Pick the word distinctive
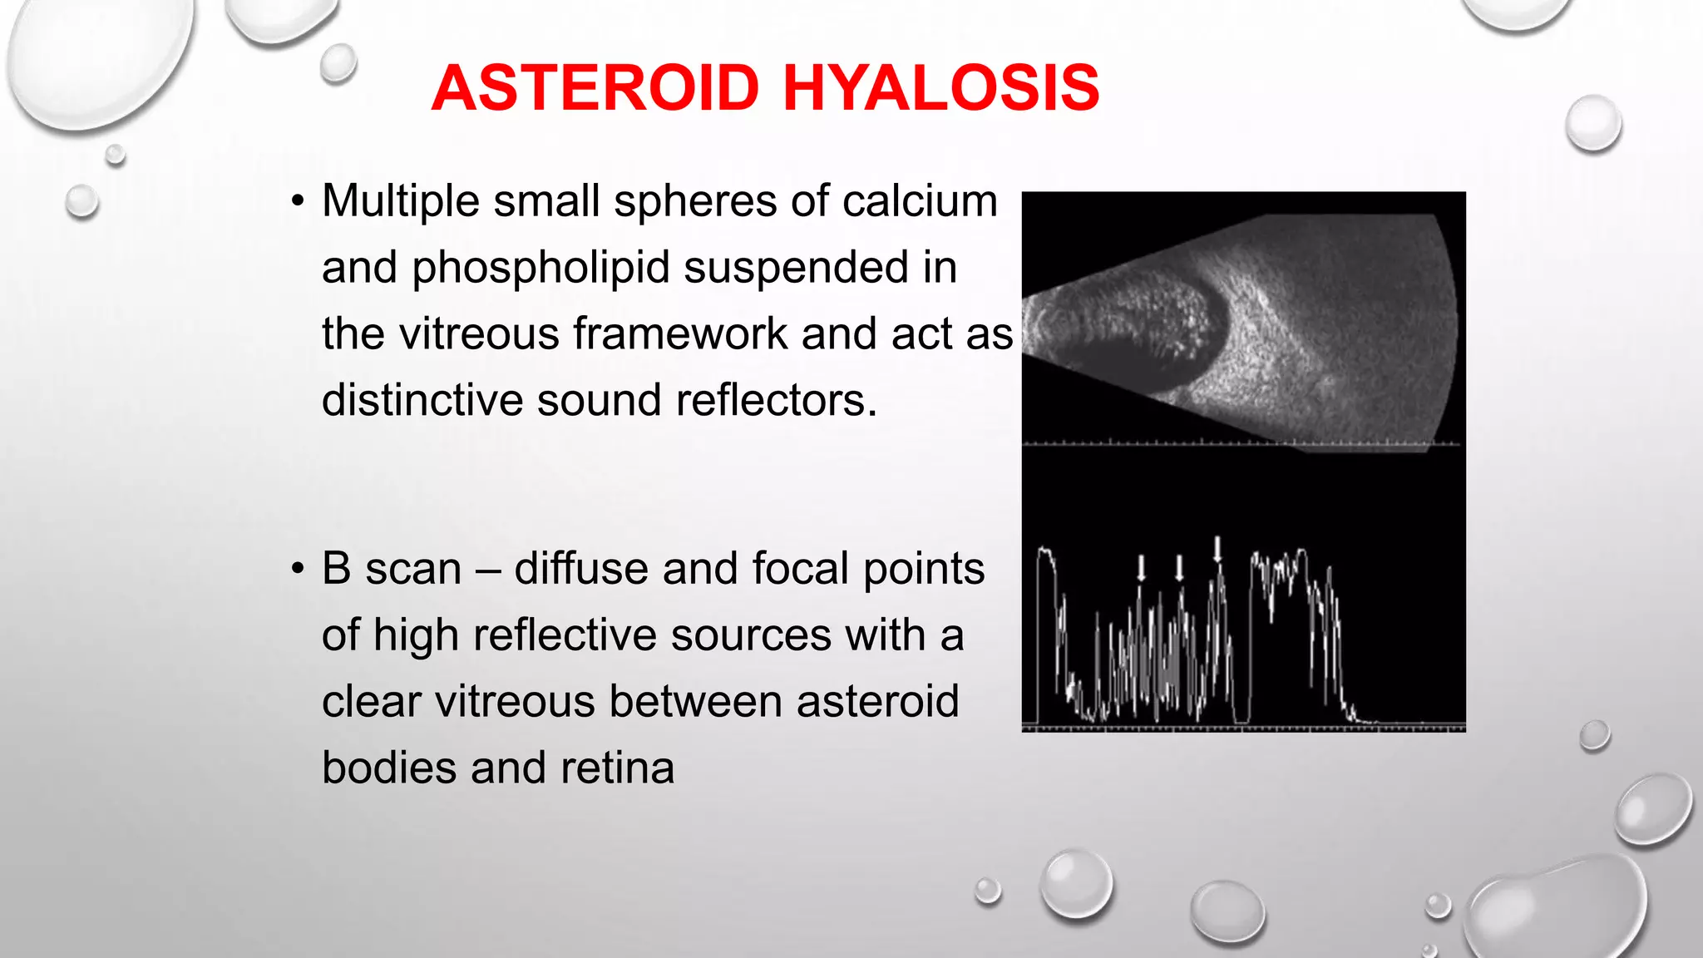(422, 400)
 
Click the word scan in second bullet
(412, 570)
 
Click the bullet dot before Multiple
(297, 202)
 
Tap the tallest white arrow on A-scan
(1218, 549)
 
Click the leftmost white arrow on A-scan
(1142, 568)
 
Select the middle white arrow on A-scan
(1179, 568)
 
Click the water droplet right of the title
(1592, 124)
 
